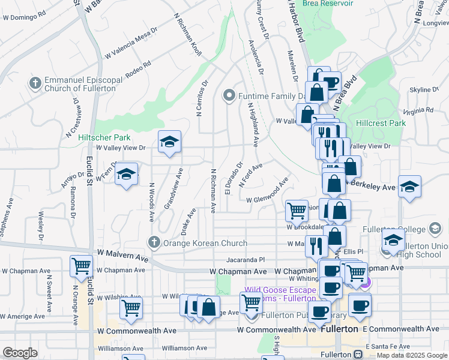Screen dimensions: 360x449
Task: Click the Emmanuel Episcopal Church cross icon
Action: [x=35, y=82]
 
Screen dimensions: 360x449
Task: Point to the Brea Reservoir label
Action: [x=328, y=3]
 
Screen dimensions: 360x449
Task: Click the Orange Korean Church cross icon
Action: [x=154, y=242]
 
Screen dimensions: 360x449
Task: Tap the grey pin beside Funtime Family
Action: [x=228, y=95]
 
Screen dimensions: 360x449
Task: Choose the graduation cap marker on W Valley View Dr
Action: [x=169, y=142]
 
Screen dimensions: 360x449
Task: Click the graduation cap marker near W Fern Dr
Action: [x=126, y=174]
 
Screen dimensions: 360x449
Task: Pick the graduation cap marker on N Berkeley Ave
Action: [x=409, y=187]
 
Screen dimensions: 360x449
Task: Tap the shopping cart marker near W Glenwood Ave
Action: [x=297, y=211]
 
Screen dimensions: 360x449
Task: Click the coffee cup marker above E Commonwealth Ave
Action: [x=360, y=305]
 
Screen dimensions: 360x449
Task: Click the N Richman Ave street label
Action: [x=213, y=191]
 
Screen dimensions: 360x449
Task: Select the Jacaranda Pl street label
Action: [x=246, y=260]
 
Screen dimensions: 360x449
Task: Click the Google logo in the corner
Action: [x=20, y=353]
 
